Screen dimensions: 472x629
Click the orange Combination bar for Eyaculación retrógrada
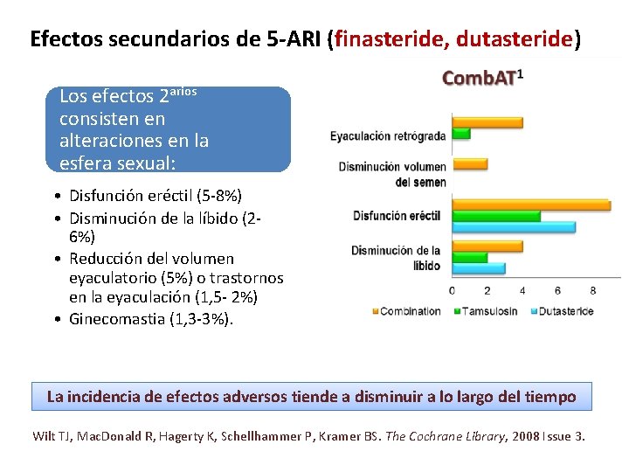(x=487, y=122)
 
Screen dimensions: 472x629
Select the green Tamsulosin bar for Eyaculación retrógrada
(x=460, y=134)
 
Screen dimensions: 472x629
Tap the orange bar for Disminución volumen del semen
(x=469, y=163)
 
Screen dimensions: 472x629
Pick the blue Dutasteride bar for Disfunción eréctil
(x=513, y=226)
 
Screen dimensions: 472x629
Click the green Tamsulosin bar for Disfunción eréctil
(x=495, y=215)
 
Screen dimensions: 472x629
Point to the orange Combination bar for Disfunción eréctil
(x=530, y=205)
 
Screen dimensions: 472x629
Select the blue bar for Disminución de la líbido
(x=478, y=267)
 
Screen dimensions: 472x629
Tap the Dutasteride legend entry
(x=565, y=311)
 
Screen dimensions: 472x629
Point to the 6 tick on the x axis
(x=557, y=290)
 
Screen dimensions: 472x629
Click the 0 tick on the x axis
(x=452, y=290)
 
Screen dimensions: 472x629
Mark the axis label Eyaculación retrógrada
(x=387, y=135)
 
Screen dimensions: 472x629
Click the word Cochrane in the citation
(x=443, y=435)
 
